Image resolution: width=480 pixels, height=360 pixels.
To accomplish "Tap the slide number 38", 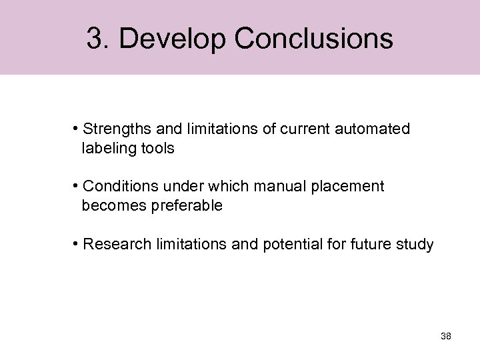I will (446, 336).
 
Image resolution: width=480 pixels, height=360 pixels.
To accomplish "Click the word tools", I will (157, 149).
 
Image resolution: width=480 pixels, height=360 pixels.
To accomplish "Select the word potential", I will (282, 245).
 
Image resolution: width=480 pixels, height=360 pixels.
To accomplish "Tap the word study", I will (415, 245).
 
